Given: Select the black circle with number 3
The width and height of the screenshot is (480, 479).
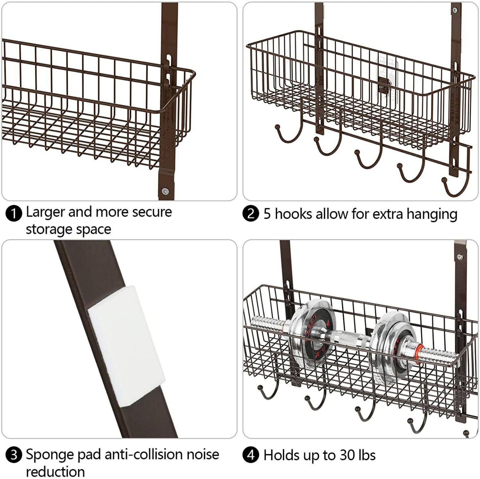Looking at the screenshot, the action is pyautogui.click(x=14, y=455).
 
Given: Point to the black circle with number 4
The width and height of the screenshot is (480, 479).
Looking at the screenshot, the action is pyautogui.click(x=251, y=455).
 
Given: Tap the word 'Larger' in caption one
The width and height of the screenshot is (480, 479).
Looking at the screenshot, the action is pyautogui.click(x=46, y=213).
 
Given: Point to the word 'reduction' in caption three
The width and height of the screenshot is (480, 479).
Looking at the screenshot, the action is pyautogui.click(x=55, y=472).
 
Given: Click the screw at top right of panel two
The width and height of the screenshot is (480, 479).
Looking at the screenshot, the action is pyautogui.click(x=455, y=10).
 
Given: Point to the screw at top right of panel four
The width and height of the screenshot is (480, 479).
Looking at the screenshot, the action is pyautogui.click(x=460, y=257).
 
